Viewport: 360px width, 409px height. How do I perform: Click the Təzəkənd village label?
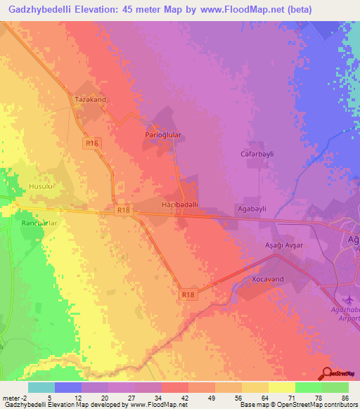[90, 100]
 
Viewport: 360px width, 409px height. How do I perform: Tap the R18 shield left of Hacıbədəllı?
[123, 209]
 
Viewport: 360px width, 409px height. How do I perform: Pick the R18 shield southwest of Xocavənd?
[188, 295]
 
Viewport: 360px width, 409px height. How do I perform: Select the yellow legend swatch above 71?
[281, 387]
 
